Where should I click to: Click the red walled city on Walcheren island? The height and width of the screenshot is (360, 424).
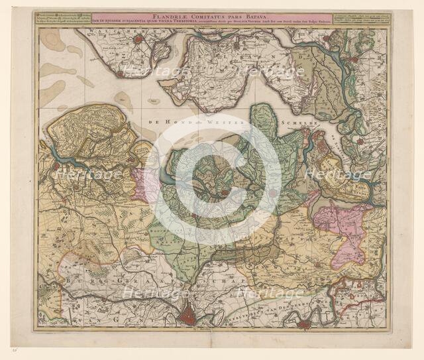(138, 40)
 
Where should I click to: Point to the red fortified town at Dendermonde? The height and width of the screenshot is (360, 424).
(304, 324)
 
